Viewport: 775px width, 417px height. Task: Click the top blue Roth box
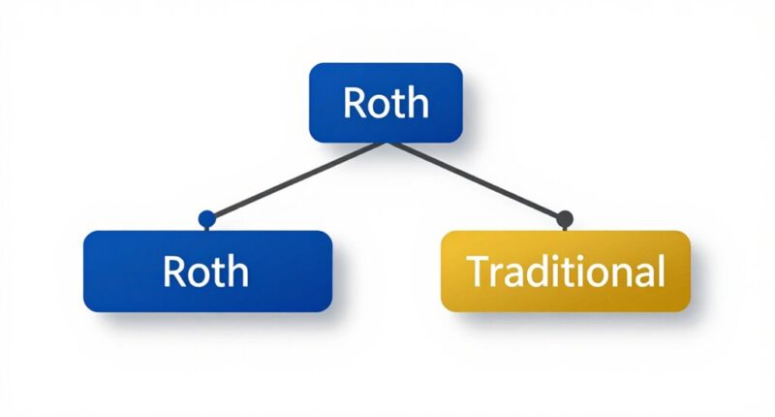point(385,103)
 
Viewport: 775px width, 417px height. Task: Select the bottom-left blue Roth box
point(208,272)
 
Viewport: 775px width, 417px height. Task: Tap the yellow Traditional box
point(566,272)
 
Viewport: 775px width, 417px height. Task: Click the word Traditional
point(567,272)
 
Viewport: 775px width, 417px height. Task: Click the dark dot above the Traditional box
point(566,218)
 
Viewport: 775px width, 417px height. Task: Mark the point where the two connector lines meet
point(387,143)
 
